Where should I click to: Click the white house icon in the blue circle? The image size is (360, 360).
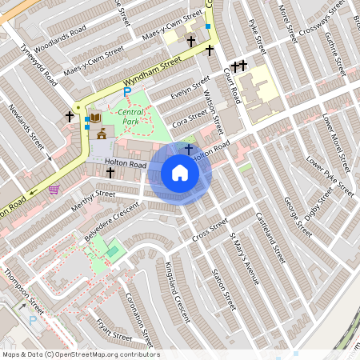click(x=180, y=173)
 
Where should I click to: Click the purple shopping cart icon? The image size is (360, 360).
click(x=54, y=190)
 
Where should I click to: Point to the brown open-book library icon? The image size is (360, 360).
click(x=95, y=118)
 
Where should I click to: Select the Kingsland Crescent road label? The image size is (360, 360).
click(x=178, y=292)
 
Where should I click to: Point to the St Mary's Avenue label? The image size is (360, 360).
click(x=244, y=258)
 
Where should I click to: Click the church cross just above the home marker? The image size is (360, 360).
click(x=189, y=149)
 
